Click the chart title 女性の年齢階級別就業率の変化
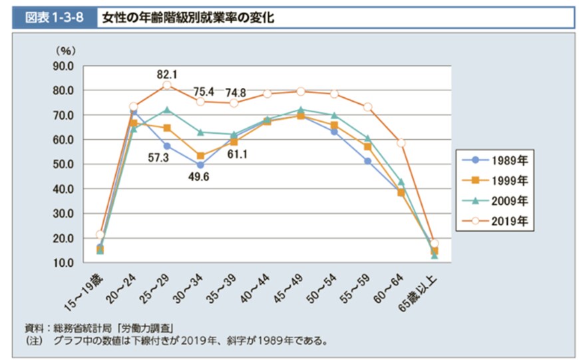(188, 17)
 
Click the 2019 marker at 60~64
(401, 143)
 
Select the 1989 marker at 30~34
(200, 165)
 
